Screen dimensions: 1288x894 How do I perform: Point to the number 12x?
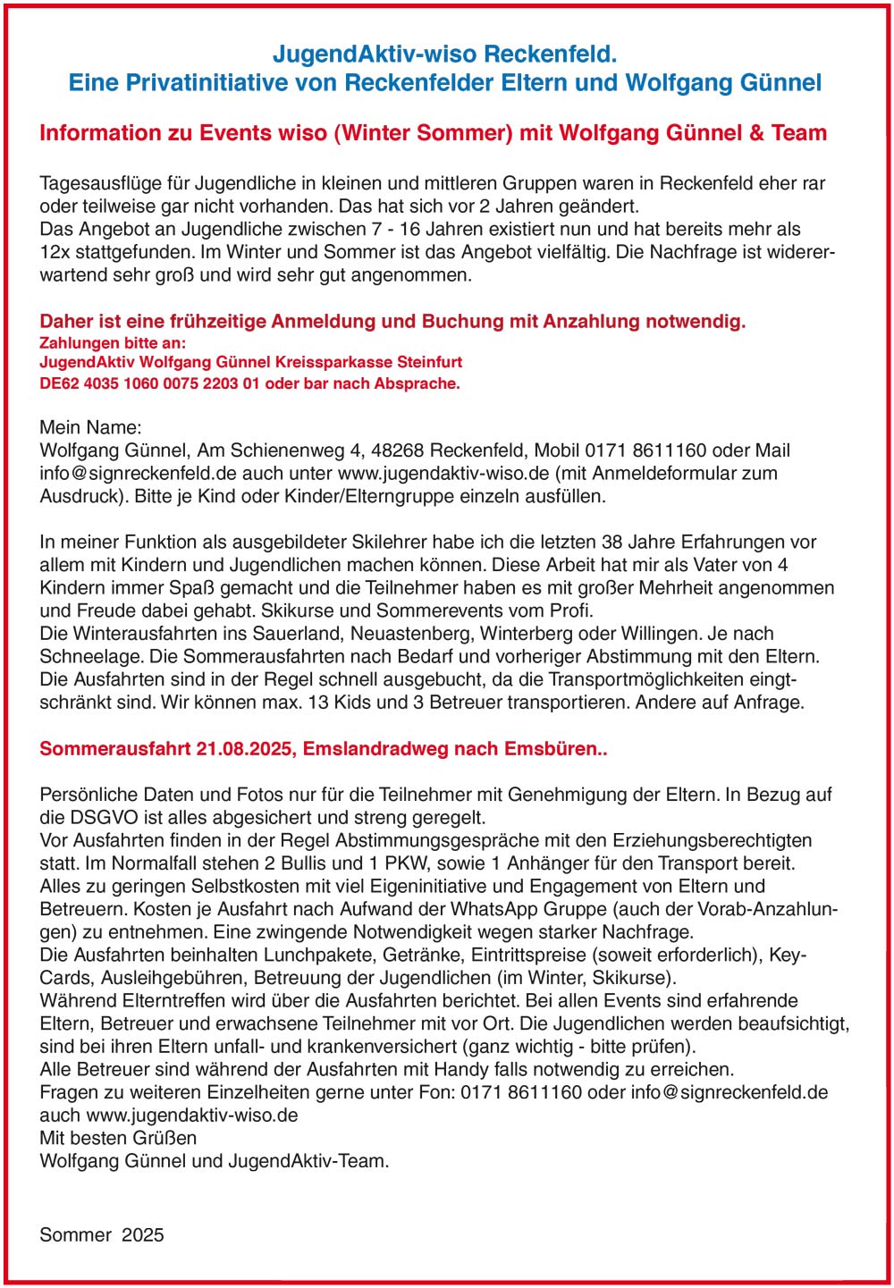(x=55, y=252)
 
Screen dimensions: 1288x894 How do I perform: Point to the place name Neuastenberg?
(x=417, y=634)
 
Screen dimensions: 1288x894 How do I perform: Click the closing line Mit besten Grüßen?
(x=118, y=1138)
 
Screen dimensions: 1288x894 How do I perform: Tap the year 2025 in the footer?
(x=143, y=1235)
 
